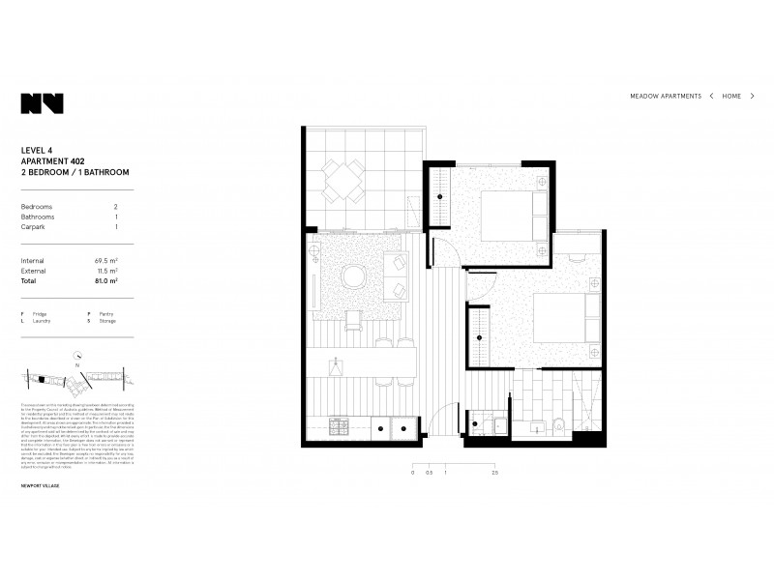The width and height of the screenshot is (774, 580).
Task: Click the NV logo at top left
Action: (x=42, y=103)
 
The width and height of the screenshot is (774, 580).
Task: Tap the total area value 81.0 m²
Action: (x=105, y=281)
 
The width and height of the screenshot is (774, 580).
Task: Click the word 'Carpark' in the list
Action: (x=34, y=226)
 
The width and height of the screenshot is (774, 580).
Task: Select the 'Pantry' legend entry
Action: (x=104, y=314)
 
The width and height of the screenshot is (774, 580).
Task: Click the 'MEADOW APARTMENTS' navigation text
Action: (x=666, y=97)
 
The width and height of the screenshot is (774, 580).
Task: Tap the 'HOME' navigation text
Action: (x=731, y=97)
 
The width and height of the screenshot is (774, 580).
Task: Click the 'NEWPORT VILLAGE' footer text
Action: (x=40, y=485)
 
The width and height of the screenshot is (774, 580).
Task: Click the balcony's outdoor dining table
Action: (x=344, y=179)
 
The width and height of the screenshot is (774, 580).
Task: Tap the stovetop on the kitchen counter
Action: (x=338, y=425)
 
